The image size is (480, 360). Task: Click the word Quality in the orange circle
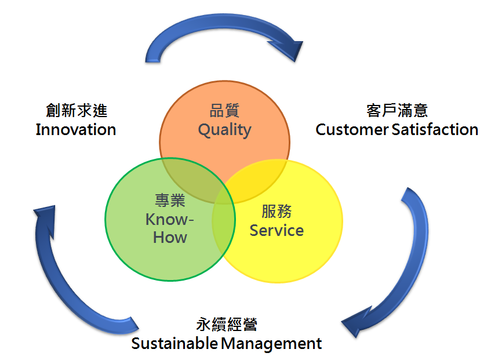225,130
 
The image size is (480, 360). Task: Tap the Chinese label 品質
224,111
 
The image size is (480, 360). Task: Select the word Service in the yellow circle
277,231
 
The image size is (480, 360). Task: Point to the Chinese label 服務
277,211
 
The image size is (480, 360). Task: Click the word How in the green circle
170,237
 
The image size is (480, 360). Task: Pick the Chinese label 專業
170,201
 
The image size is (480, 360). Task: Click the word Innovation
76,129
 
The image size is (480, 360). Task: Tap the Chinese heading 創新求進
77,110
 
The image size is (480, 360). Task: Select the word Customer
352,129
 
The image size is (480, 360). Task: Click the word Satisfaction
435,129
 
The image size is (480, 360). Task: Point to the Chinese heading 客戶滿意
397,110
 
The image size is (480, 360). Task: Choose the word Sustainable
174,343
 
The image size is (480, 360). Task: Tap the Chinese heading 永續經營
227,324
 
